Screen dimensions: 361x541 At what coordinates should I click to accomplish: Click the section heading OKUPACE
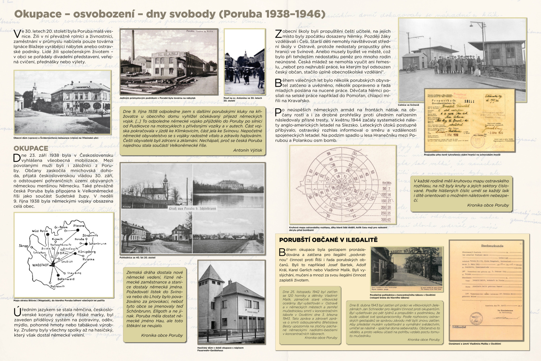(x=31, y=148)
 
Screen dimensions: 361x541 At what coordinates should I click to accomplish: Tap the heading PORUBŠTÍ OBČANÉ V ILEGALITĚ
(x=328, y=240)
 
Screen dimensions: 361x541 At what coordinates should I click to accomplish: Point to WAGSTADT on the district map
(x=40, y=265)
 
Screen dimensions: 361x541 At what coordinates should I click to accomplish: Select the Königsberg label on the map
(x=87, y=252)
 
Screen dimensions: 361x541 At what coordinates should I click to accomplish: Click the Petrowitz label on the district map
(x=58, y=286)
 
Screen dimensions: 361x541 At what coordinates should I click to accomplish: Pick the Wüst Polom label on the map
(x=40, y=231)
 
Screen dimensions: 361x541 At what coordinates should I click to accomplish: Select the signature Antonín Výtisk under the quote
(x=247, y=150)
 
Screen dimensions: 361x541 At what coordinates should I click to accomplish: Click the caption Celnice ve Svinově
(x=408, y=105)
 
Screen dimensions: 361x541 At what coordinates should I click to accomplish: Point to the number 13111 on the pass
(x=469, y=101)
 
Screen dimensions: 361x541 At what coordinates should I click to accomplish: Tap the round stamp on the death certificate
(x=476, y=319)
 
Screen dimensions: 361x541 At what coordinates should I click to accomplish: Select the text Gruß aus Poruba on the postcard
(x=193, y=209)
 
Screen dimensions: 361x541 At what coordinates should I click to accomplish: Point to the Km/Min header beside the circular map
(x=386, y=183)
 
